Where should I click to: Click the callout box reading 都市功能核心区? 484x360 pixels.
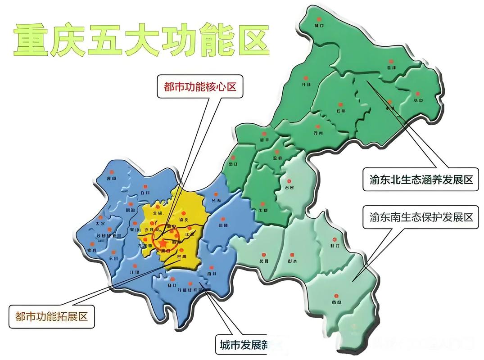point(200,86)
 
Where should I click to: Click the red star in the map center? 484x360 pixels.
point(163,243)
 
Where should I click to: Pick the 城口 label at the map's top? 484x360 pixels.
point(319,26)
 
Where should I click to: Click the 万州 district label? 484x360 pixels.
point(318,133)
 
